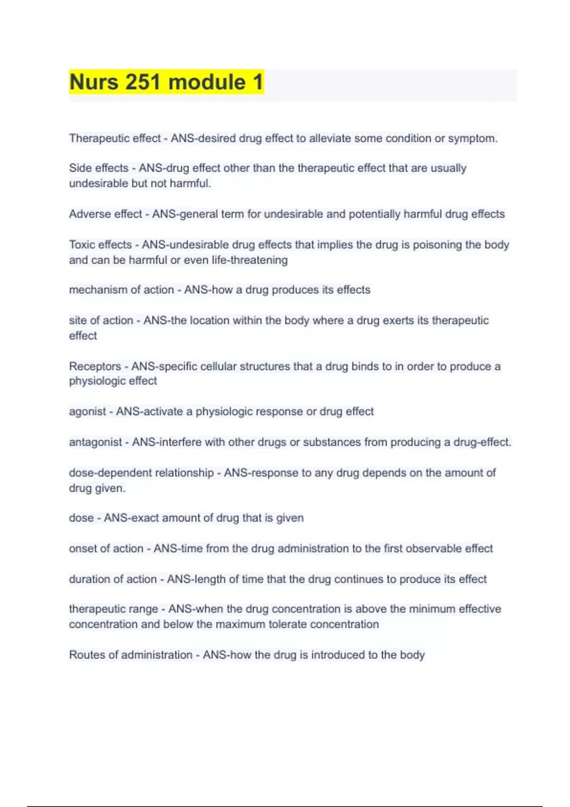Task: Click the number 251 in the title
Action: (142, 82)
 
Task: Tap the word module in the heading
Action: (207, 82)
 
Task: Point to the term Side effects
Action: (99, 168)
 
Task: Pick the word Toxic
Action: (83, 245)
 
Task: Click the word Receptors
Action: (95, 366)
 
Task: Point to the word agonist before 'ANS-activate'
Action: (87, 412)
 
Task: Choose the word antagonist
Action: (95, 442)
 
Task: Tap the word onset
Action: (82, 549)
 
